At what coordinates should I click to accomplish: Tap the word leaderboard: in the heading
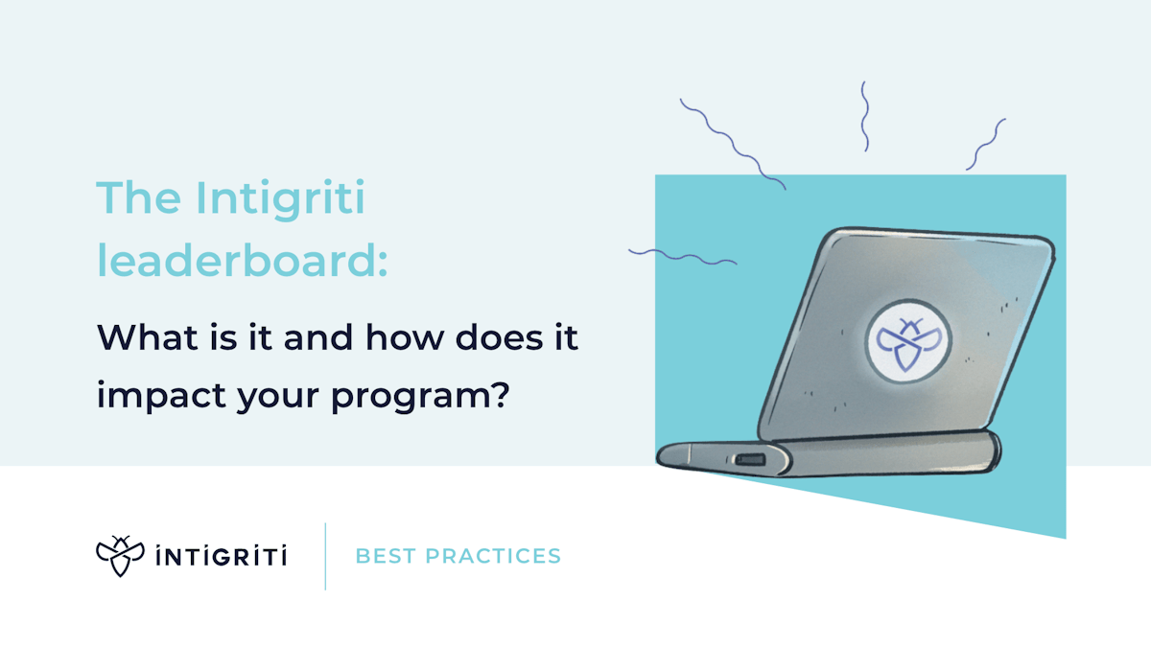[242, 261]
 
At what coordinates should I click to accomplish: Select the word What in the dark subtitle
[140, 337]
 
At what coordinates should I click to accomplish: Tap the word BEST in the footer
[384, 556]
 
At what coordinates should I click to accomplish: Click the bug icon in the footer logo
[120, 556]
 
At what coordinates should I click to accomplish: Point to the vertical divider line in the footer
[325, 556]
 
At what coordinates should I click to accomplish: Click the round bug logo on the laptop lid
[902, 341]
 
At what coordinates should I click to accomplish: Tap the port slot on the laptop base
[749, 459]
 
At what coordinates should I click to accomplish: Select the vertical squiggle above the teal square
[864, 116]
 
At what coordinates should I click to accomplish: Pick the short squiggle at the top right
[985, 145]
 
